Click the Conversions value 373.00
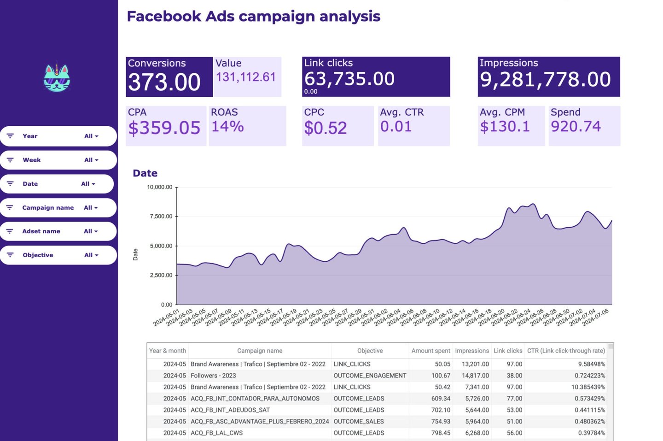[x=164, y=82]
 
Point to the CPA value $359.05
[x=164, y=128]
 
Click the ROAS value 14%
[x=227, y=126]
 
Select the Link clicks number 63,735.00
[x=349, y=79]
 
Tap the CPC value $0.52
[x=326, y=128]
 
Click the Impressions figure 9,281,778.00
[x=545, y=80]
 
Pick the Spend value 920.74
[x=576, y=126]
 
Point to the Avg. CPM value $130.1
[x=505, y=126]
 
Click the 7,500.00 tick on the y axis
[x=161, y=217]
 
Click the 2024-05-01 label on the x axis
[x=166, y=318]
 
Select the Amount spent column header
[x=430, y=351]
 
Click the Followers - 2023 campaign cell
[x=213, y=376]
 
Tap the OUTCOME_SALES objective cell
[x=359, y=422]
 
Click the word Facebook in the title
[x=164, y=16]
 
